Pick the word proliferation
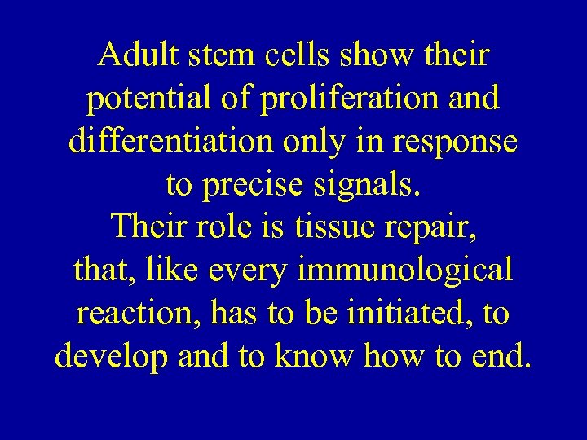(x=346, y=99)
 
